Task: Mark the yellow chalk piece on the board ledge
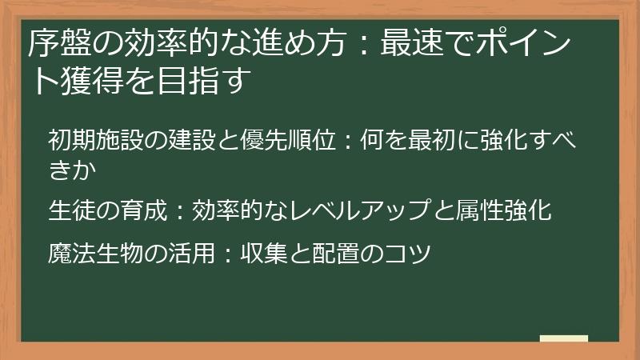click(x=564, y=338)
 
